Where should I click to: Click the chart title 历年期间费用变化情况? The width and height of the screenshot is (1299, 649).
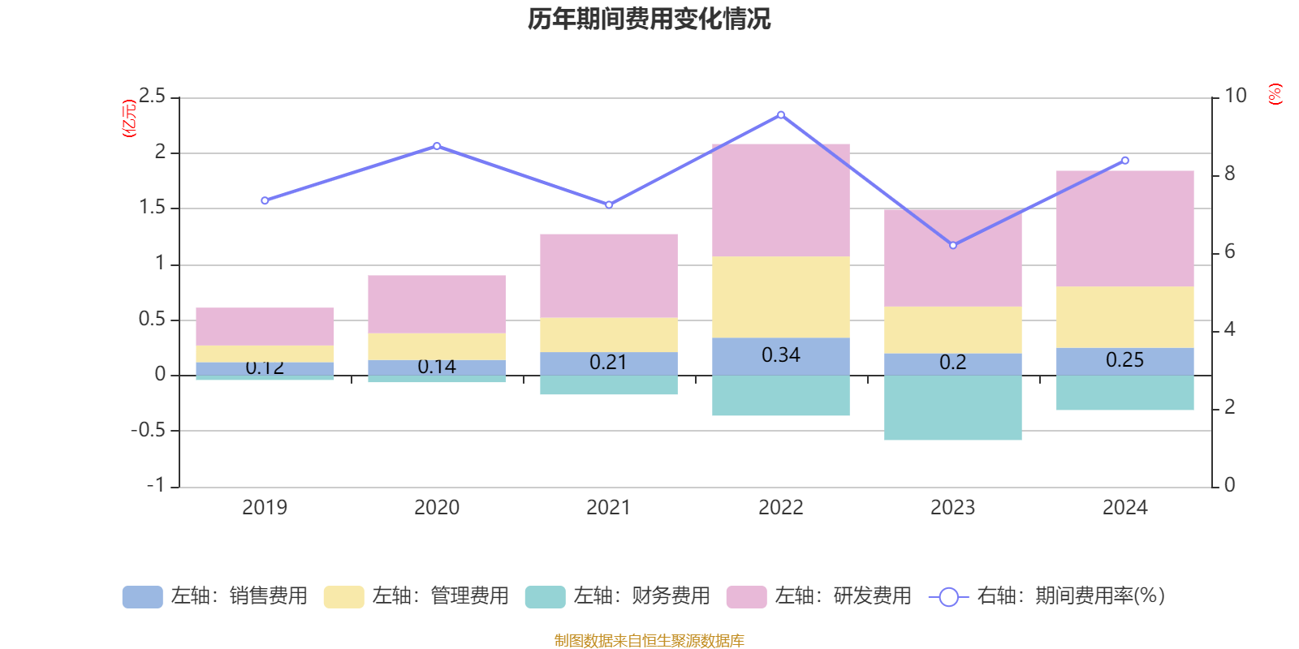tap(649, 19)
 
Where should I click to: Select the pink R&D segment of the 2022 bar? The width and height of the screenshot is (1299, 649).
tap(780, 200)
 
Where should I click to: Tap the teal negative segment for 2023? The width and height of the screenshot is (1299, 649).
tap(952, 407)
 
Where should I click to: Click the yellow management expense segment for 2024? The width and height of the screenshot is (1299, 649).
tap(1124, 317)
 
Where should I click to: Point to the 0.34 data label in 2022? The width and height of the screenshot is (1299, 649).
tap(780, 355)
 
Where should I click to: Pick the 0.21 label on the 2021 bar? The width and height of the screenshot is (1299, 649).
tap(608, 363)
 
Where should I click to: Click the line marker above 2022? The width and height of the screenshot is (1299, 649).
tap(781, 115)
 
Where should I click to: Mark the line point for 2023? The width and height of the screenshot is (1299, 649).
tap(953, 245)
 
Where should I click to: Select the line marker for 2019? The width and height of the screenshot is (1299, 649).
tap(265, 200)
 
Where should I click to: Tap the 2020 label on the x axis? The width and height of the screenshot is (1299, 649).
tap(437, 508)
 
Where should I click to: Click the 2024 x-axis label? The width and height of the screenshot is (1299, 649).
tap(1124, 508)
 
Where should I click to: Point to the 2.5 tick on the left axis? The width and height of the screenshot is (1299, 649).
tap(152, 97)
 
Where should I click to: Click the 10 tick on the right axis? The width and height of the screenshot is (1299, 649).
tap(1235, 96)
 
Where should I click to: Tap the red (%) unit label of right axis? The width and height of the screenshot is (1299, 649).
tap(1275, 94)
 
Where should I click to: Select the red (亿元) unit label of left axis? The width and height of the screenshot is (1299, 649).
tap(128, 118)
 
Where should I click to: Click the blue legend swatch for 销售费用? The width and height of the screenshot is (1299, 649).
tap(142, 597)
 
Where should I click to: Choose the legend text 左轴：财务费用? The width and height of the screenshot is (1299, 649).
tap(641, 596)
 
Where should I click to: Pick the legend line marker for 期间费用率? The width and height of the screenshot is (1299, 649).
tap(948, 597)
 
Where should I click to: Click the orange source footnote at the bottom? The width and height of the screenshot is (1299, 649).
tap(649, 641)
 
